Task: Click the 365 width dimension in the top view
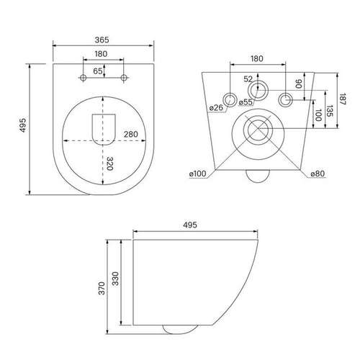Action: (x=102, y=40)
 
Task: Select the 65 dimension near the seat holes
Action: (x=98, y=71)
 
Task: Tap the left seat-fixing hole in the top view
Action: (x=84, y=78)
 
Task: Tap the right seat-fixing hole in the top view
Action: (x=124, y=78)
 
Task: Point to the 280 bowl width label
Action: (x=131, y=134)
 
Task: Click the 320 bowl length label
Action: (x=109, y=163)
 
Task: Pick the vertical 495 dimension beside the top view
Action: (x=23, y=125)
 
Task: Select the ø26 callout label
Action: (x=216, y=108)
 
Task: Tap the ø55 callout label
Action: (x=246, y=102)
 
